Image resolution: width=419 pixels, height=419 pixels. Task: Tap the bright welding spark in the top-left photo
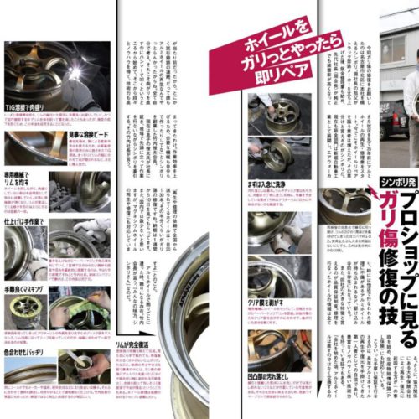coord(74,73)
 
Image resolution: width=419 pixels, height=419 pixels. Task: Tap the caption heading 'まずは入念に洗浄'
coord(270,184)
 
